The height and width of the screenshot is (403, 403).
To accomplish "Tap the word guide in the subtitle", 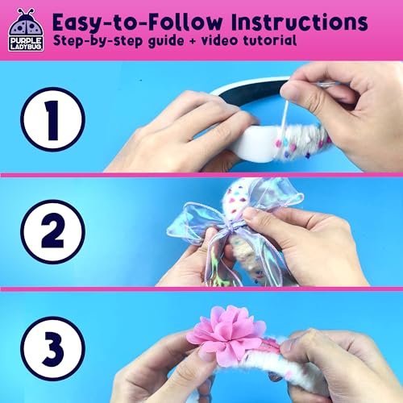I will pyautogui.click(x=170, y=40).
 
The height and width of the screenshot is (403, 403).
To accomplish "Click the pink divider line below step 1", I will pyautogui.click(x=201, y=175).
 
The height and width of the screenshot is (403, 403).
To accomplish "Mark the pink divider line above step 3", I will pyautogui.click(x=201, y=289).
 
